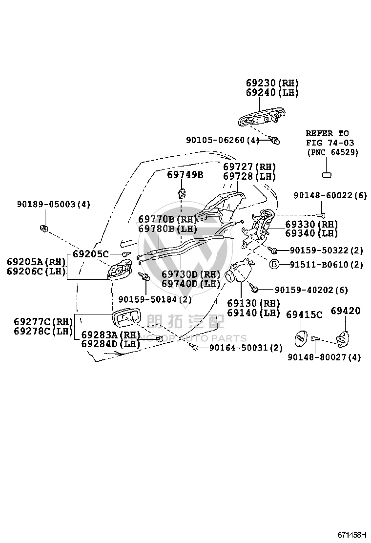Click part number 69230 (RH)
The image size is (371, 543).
[x=272, y=83]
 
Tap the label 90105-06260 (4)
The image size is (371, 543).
[x=223, y=140]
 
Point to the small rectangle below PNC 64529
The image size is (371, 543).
[x=327, y=175]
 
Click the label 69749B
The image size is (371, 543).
[x=185, y=174]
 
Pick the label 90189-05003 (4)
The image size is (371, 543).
[x=54, y=204]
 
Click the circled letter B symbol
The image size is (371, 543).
[x=274, y=265]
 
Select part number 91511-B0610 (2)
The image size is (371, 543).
[x=327, y=265]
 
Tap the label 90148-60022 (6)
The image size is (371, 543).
[x=330, y=195]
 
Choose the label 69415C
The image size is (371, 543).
[x=304, y=314]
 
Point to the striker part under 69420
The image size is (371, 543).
[x=342, y=337]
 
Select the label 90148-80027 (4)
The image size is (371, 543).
[x=324, y=357]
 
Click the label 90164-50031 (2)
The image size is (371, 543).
[x=246, y=348]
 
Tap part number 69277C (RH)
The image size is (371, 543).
[x=43, y=322]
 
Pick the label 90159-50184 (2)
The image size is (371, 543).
[x=155, y=299]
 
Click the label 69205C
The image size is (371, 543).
[x=91, y=254]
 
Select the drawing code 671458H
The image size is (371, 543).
[x=352, y=535]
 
